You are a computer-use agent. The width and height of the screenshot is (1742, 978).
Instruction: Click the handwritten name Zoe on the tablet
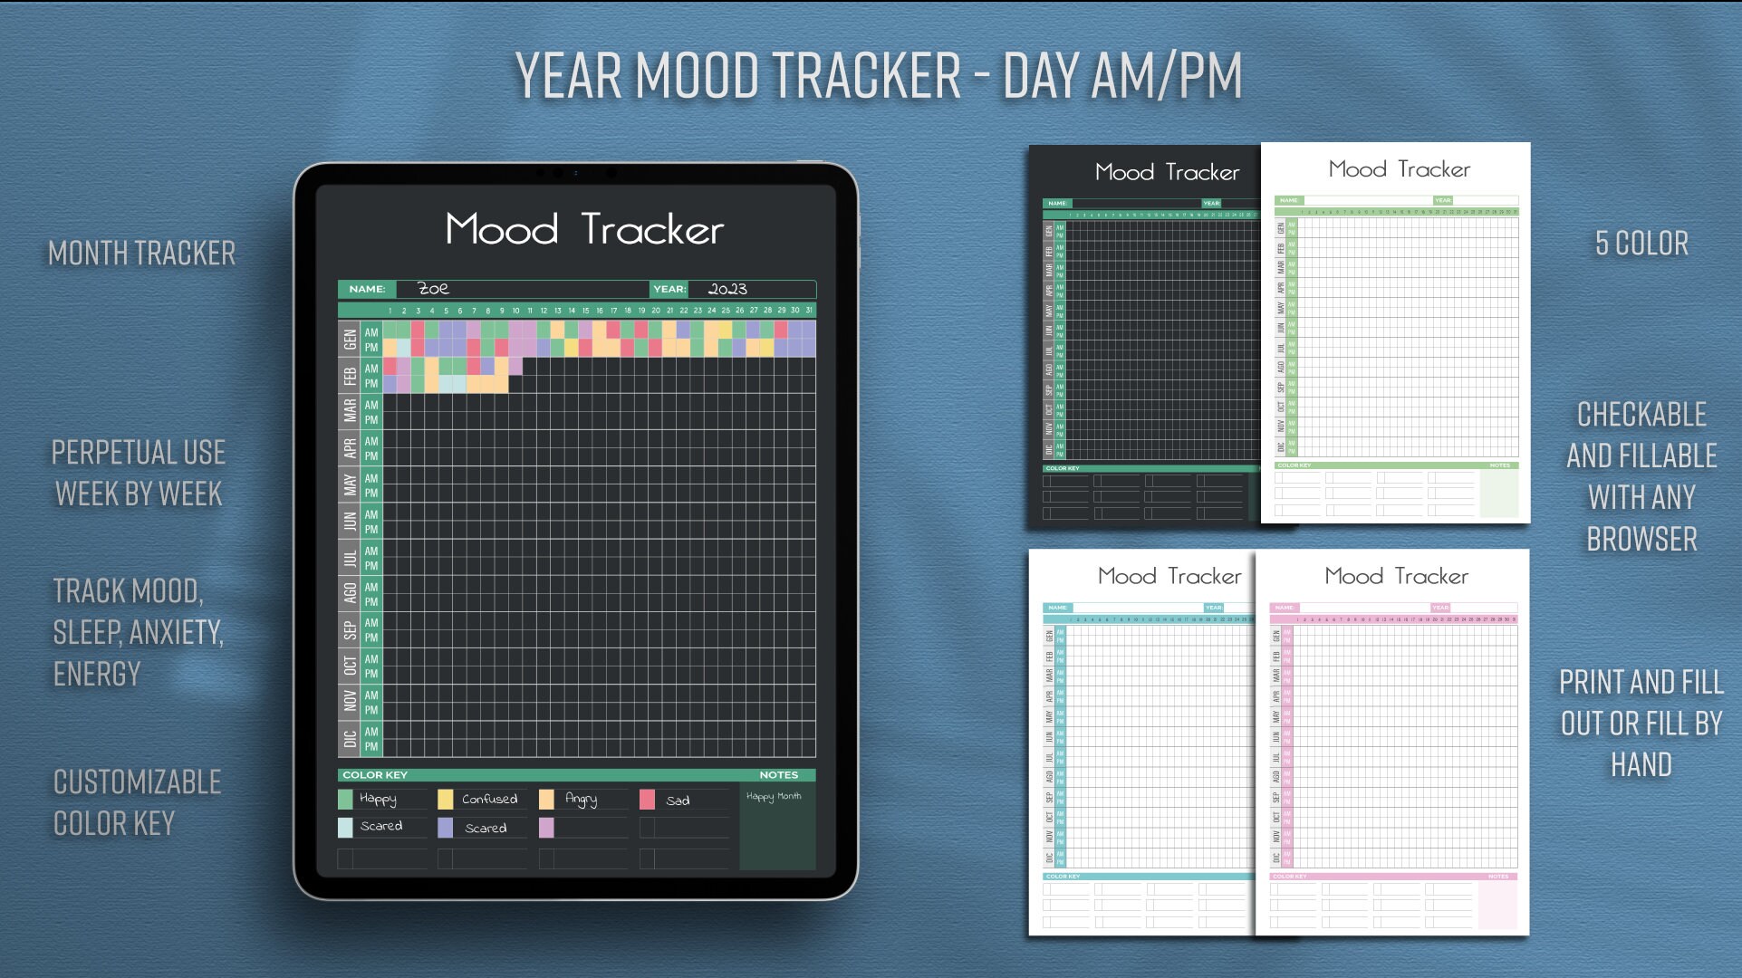(x=433, y=289)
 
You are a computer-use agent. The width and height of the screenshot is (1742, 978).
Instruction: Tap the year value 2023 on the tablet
(x=727, y=289)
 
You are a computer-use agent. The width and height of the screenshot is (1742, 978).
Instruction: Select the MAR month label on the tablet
(x=349, y=412)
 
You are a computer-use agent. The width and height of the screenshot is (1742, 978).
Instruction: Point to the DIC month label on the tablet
(x=349, y=739)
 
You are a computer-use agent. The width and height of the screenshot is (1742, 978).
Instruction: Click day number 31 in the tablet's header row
(x=809, y=311)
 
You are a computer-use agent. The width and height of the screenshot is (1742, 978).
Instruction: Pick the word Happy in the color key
(x=378, y=799)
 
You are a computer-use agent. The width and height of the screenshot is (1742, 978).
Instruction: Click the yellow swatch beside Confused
(x=445, y=799)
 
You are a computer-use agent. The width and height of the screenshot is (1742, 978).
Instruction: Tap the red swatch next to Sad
(x=647, y=800)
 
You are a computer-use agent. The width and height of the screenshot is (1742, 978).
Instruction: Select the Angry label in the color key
(x=581, y=799)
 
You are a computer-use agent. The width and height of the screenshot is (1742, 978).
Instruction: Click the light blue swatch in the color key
(x=345, y=827)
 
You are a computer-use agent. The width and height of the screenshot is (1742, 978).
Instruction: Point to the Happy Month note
(x=774, y=797)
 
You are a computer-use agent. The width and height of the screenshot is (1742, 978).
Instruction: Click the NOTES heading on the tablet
(x=778, y=775)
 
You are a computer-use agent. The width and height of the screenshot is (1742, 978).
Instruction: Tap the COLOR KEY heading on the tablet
(x=375, y=775)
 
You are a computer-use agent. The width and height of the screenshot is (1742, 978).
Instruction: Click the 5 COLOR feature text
(x=1641, y=244)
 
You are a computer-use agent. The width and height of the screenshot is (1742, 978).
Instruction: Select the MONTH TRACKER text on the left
(x=141, y=254)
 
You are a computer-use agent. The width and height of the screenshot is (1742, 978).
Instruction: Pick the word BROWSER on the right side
(x=1641, y=540)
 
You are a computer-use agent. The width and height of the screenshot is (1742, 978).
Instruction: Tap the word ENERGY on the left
(x=97, y=675)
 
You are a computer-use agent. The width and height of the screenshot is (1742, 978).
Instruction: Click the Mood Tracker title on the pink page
(x=1396, y=577)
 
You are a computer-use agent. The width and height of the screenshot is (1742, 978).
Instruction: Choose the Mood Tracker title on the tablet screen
(x=584, y=230)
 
